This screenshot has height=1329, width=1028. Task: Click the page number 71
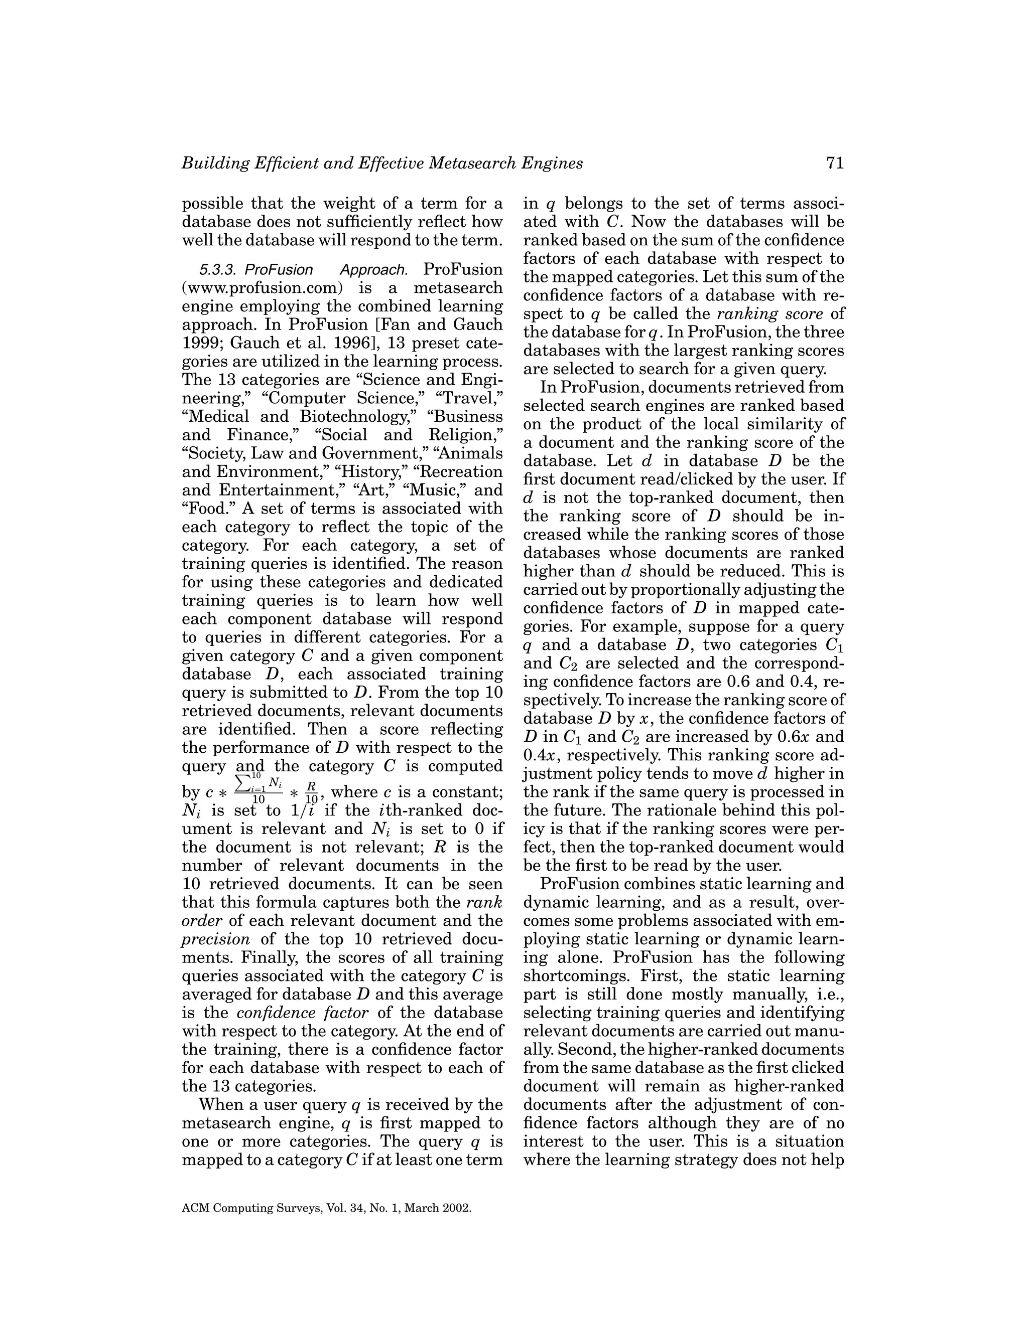pos(835,163)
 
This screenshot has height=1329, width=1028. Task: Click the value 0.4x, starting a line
pos(539,755)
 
